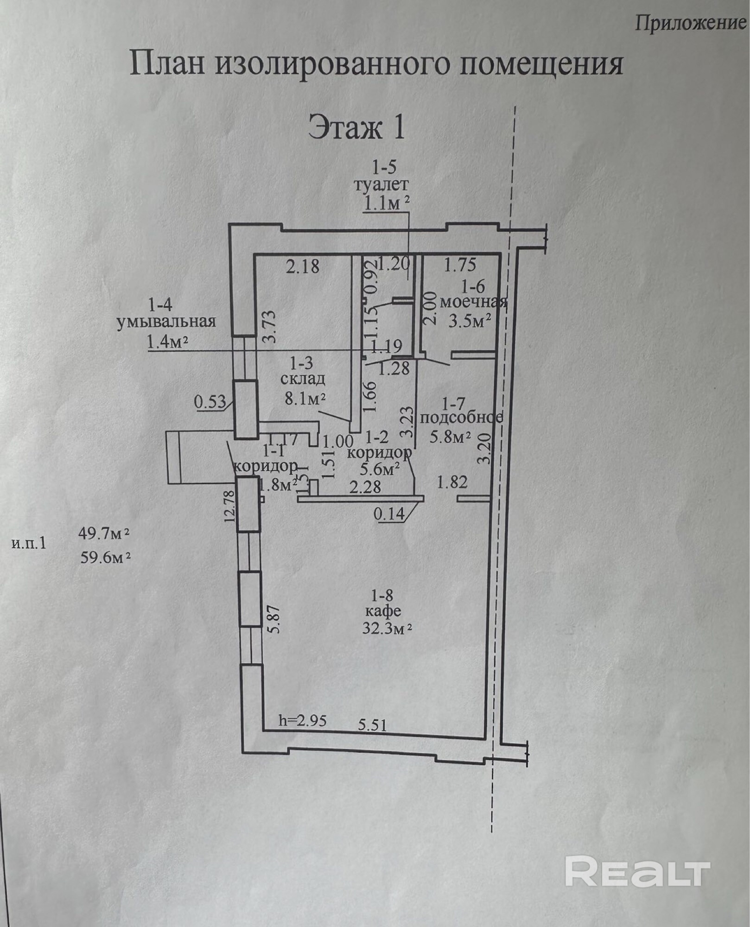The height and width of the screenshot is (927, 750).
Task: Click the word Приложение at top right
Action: point(690,23)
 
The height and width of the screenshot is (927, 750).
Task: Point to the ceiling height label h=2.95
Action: point(303,720)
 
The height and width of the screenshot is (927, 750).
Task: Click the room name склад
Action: point(303,379)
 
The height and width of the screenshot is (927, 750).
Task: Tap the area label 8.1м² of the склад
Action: point(305,398)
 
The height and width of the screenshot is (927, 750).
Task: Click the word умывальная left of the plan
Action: point(166,322)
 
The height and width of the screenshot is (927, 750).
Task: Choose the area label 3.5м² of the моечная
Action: point(470,321)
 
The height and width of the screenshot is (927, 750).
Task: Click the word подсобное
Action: point(461,417)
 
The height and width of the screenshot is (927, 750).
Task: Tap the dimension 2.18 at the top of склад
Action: point(303,267)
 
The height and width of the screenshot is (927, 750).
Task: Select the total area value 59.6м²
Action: point(105,557)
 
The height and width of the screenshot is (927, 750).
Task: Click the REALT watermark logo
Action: point(638,873)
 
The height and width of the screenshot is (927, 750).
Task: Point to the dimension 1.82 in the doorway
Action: point(452,482)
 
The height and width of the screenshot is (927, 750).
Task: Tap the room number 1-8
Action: point(383,595)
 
